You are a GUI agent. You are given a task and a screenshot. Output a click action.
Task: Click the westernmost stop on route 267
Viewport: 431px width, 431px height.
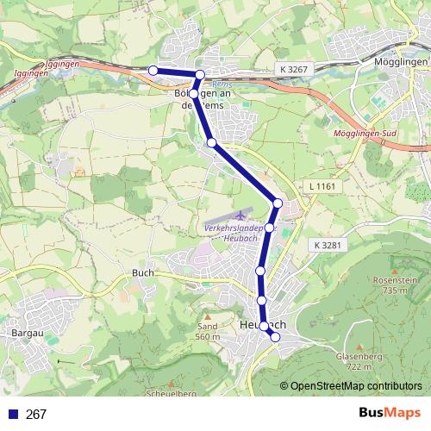(153, 70)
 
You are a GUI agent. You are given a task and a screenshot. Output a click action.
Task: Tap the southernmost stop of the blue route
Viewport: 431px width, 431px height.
(276, 337)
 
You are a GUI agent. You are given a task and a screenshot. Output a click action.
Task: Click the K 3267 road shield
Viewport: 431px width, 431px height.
(294, 67)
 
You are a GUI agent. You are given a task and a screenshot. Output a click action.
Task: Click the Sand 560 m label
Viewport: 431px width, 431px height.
(208, 332)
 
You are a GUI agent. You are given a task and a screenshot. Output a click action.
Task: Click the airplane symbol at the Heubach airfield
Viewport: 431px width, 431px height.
(239, 212)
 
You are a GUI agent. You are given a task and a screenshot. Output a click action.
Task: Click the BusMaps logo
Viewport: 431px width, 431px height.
(390, 413)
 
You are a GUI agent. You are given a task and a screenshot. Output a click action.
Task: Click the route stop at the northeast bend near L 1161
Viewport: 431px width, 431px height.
(278, 203)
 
